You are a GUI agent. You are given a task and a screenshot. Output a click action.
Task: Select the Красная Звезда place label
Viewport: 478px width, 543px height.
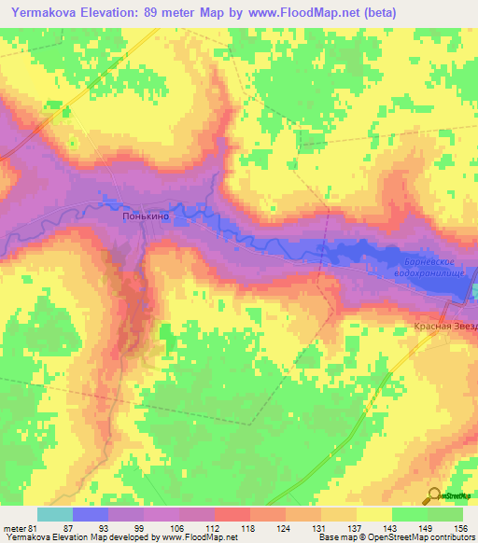[446, 327]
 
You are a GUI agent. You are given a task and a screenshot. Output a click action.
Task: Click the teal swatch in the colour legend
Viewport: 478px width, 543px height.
[55, 514]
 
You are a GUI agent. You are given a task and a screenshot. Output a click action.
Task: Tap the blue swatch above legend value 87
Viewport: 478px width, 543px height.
[91, 514]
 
